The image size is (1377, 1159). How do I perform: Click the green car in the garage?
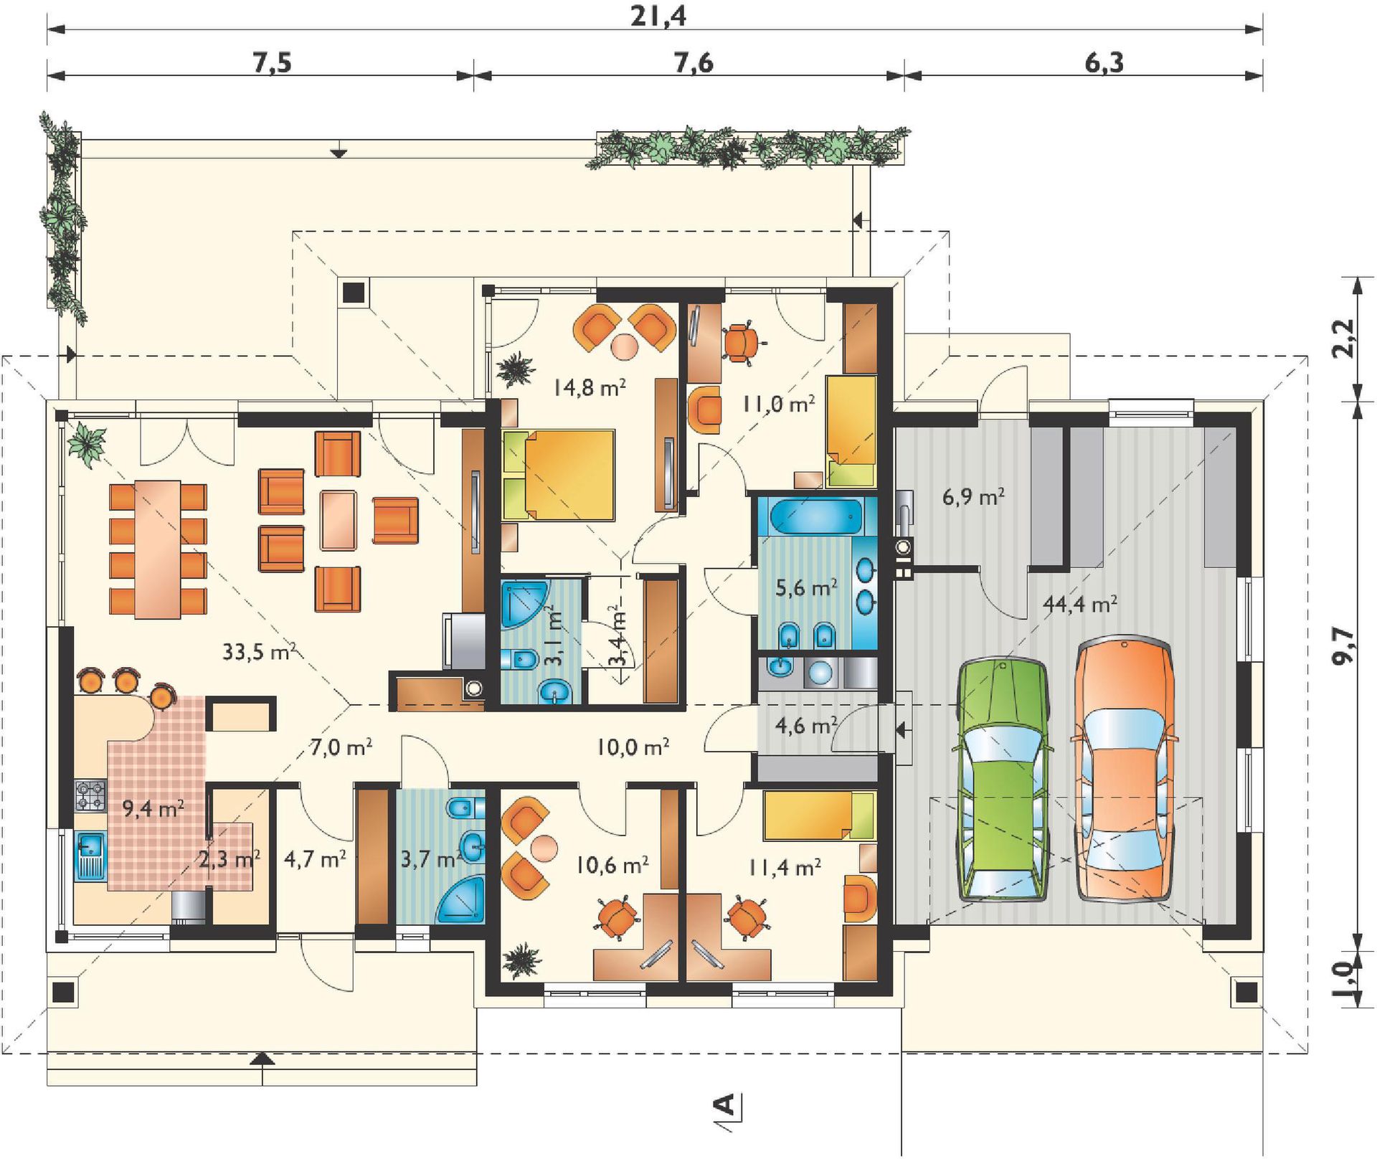coord(1003,780)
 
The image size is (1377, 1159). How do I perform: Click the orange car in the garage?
coord(1124,768)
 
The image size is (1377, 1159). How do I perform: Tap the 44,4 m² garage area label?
coord(1079,604)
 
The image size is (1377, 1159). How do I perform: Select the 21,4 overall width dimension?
coord(658,15)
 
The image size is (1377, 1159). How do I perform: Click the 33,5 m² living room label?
coord(259,651)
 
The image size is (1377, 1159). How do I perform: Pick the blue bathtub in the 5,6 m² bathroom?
coord(815,516)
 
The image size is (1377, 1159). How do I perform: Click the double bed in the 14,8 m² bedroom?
coord(559,475)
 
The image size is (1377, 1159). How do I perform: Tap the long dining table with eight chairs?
coord(158,549)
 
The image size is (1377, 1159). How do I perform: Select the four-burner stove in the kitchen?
coord(90,796)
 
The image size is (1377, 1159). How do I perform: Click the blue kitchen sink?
coord(90,856)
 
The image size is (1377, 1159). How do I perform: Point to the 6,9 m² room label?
coord(973,496)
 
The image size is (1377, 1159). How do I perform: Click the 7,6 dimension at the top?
coord(694,63)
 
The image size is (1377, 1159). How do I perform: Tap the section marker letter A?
coord(727,1104)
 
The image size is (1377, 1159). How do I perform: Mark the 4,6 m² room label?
coord(806,725)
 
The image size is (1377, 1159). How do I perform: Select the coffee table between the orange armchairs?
coord(338,520)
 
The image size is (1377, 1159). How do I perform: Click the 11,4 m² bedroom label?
coord(785,867)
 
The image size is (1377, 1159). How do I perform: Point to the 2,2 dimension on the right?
coord(1343,338)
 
